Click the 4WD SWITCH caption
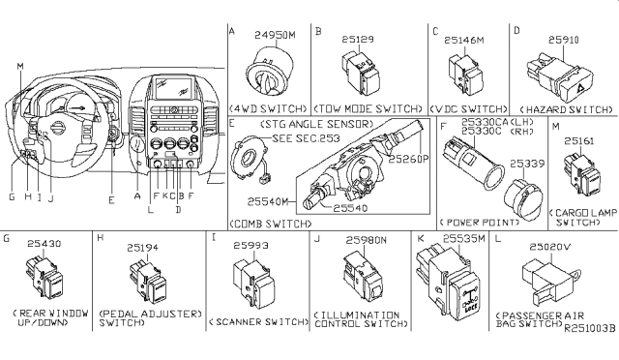[x=270, y=106]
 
